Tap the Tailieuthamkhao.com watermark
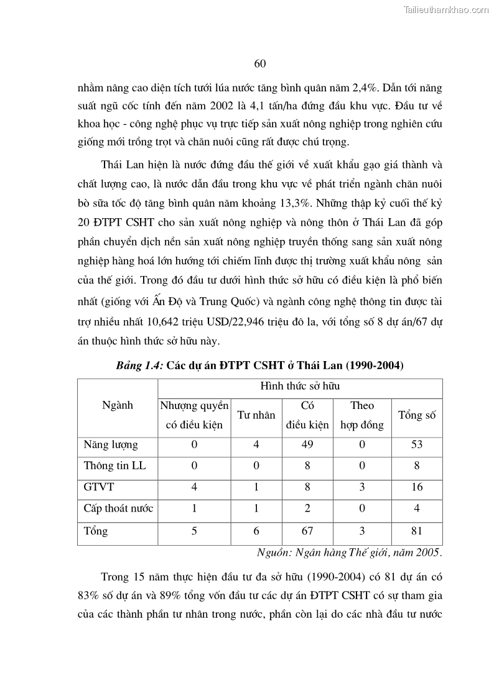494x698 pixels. tap(447, 9)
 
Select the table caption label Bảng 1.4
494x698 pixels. tap(139, 365)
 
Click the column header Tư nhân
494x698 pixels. tap(256, 415)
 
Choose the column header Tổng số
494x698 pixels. tap(416, 415)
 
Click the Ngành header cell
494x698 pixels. tap(117, 405)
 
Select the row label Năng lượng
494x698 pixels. tap(111, 445)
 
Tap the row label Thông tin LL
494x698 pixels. tap(114, 466)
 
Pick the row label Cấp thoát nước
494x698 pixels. tap(118, 508)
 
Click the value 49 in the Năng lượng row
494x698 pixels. tap(307, 445)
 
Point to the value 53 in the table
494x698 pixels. tap(416, 445)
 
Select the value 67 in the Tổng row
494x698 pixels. tap(307, 531)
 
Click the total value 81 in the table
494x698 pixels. tap(416, 531)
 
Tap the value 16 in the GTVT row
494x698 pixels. tap(416, 487)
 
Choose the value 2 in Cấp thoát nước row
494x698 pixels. tap(307, 508)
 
